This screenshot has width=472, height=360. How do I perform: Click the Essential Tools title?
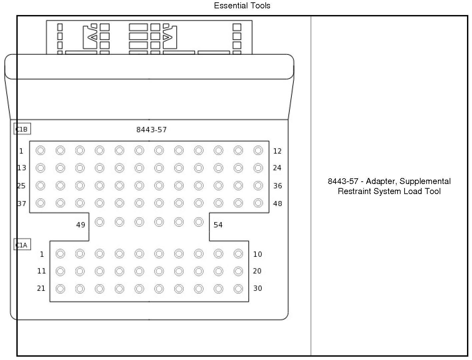[242, 6]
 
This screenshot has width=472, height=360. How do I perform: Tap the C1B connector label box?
[22, 129]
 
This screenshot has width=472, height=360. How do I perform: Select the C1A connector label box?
[22, 245]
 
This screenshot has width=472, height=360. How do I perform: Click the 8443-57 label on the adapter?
[151, 130]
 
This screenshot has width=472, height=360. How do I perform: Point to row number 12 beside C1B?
[277, 151]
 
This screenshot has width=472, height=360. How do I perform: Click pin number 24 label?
[277, 168]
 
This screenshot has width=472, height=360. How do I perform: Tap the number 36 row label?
[277, 186]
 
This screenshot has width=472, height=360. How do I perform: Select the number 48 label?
[277, 203]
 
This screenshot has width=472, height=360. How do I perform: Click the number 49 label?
[81, 225]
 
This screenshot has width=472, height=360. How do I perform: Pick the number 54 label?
[218, 225]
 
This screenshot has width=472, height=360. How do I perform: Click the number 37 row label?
[22, 203]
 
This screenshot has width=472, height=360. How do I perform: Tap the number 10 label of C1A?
[257, 254]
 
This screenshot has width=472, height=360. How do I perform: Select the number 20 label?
[257, 271]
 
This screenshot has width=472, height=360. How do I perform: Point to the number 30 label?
[257, 288]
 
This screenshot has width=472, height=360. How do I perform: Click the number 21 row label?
[41, 288]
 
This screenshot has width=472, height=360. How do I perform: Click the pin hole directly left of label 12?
[258, 151]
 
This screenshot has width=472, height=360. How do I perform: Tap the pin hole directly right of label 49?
[99, 222]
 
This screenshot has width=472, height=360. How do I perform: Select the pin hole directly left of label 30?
[238, 289]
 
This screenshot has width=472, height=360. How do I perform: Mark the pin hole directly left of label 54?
[199, 222]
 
